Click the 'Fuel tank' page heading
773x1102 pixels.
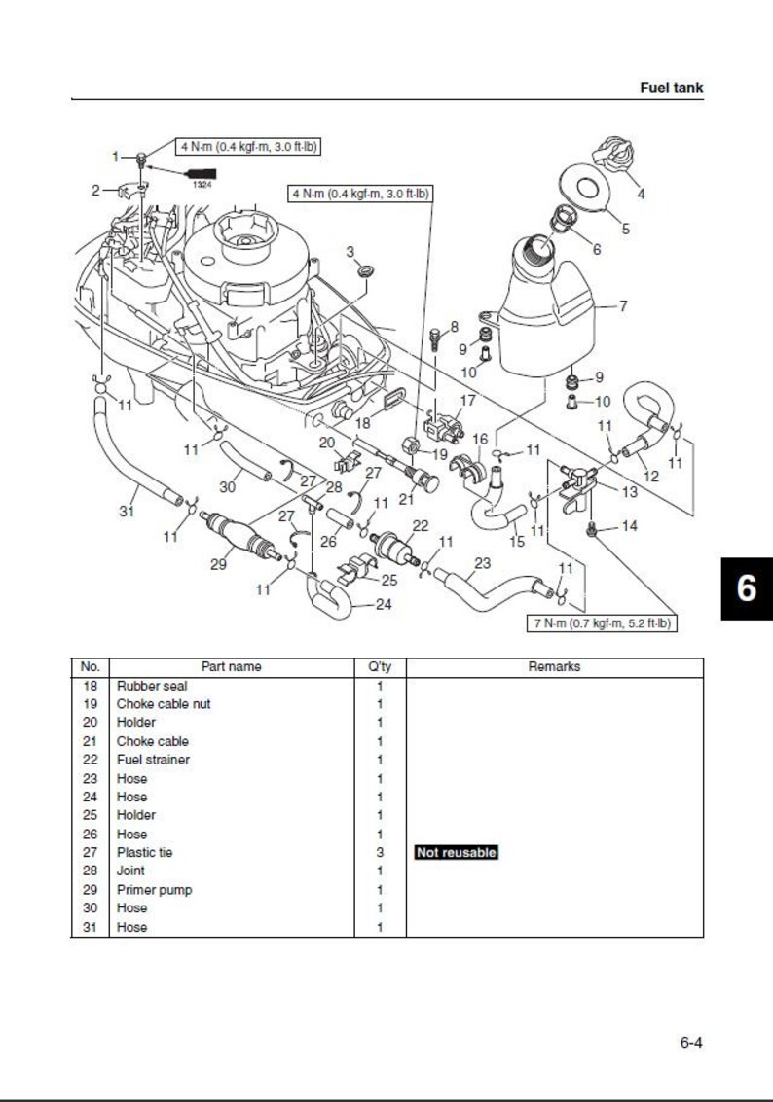click(671, 88)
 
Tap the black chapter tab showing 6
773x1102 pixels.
click(746, 587)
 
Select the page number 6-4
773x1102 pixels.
click(690, 1043)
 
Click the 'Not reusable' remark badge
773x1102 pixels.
click(456, 853)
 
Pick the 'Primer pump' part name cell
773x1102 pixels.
click(154, 890)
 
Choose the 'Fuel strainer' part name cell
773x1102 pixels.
click(153, 760)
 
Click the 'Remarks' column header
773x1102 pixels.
click(554, 667)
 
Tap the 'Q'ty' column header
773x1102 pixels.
click(380, 667)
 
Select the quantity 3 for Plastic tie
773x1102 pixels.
click(380, 853)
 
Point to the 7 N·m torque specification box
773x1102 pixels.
click(602, 623)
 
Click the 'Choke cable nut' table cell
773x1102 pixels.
click(163, 704)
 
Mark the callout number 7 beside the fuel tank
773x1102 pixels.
click(623, 306)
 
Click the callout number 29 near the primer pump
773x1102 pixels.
click(219, 564)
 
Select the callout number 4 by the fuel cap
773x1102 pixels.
click(640, 194)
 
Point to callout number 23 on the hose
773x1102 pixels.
click(482, 562)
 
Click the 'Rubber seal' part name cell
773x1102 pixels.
click(152, 686)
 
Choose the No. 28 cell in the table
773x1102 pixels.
click(91, 871)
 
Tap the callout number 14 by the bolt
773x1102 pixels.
click(629, 526)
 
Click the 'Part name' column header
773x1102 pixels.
click(231, 667)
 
